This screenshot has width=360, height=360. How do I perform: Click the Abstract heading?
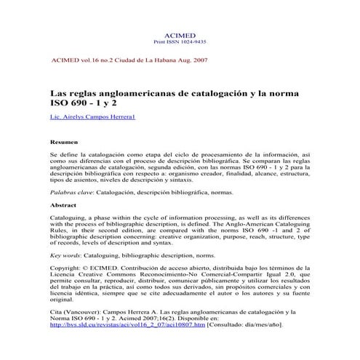63,205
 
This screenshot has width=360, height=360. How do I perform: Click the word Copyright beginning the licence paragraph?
65,268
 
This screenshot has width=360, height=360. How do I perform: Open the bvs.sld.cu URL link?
127,325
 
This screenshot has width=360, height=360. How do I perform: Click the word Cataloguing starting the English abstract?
71,217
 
